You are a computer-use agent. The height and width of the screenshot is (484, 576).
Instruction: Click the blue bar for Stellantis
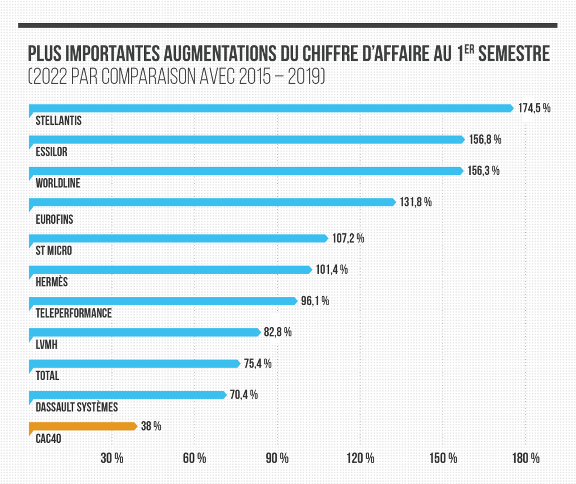point(270,108)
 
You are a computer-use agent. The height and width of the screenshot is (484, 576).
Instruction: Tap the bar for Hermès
point(169,270)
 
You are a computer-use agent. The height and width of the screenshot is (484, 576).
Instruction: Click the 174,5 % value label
point(534,108)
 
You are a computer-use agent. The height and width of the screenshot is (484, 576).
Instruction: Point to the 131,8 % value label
point(416,202)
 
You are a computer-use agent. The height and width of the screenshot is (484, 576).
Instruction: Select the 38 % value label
point(151,426)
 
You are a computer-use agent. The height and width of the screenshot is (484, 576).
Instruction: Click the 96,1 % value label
point(314,301)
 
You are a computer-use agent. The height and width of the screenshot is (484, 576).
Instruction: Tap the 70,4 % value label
point(244,395)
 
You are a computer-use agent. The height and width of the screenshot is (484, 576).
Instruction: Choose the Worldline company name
point(57,183)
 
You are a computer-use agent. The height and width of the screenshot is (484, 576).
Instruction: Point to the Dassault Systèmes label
point(76,407)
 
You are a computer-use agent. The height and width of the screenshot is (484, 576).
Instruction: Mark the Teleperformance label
point(73,313)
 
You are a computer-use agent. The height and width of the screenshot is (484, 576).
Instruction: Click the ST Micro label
point(53,250)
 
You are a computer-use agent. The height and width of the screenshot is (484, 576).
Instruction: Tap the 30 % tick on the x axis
point(112,458)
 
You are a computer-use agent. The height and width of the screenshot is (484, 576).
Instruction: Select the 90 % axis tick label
point(277,458)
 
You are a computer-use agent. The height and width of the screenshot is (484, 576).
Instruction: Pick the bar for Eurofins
point(211,202)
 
